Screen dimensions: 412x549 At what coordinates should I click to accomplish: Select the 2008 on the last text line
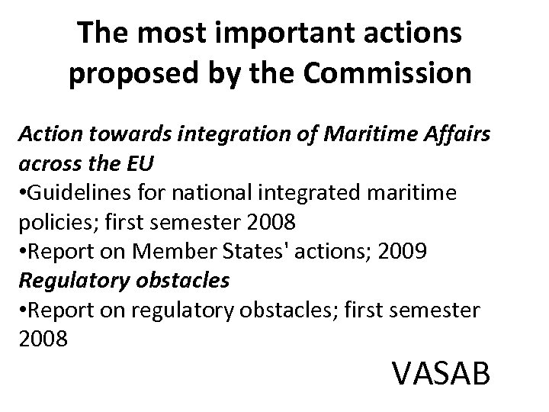point(43,337)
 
